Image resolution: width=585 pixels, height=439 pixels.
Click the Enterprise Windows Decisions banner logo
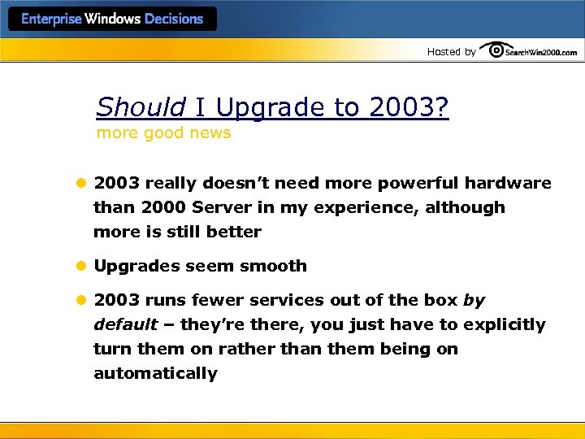112,20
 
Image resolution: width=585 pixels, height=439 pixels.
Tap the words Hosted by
451,51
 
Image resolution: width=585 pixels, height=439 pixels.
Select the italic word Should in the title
141,107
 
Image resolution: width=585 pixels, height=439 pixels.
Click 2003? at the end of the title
409,107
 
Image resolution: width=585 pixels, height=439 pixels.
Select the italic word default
125,324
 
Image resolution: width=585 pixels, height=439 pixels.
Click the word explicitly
505,324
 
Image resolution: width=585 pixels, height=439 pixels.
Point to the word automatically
155,373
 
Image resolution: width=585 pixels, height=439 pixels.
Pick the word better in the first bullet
232,232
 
